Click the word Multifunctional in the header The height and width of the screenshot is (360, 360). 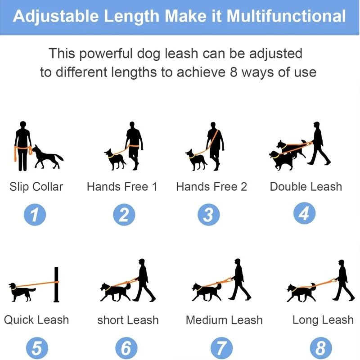(286, 16)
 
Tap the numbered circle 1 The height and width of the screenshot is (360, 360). (35, 215)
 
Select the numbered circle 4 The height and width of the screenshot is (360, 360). (305, 213)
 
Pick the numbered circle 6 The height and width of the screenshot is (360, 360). (126, 348)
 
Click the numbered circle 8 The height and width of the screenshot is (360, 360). (321, 348)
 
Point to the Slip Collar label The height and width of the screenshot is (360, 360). (36, 187)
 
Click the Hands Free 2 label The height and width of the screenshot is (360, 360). (211, 187)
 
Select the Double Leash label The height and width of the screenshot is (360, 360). (306, 187)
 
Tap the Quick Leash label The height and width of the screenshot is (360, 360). (36, 320)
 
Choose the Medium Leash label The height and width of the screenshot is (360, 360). (224, 320)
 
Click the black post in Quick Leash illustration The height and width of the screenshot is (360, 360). (57, 284)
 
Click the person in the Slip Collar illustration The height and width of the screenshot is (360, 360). (23, 146)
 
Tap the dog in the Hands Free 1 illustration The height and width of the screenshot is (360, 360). (115, 160)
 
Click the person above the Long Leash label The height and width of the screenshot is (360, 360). (343, 280)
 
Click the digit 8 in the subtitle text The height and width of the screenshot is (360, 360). (234, 72)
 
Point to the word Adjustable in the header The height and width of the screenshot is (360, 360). (56, 17)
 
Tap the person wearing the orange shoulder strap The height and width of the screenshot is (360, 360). (216, 146)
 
